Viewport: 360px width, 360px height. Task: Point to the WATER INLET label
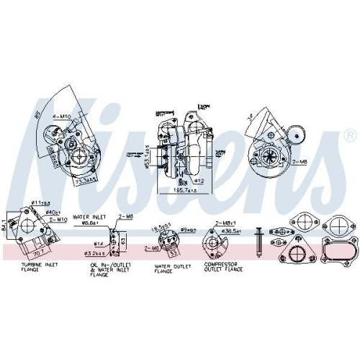click(x=89, y=215)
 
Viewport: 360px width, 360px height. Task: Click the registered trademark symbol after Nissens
click(x=350, y=135)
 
